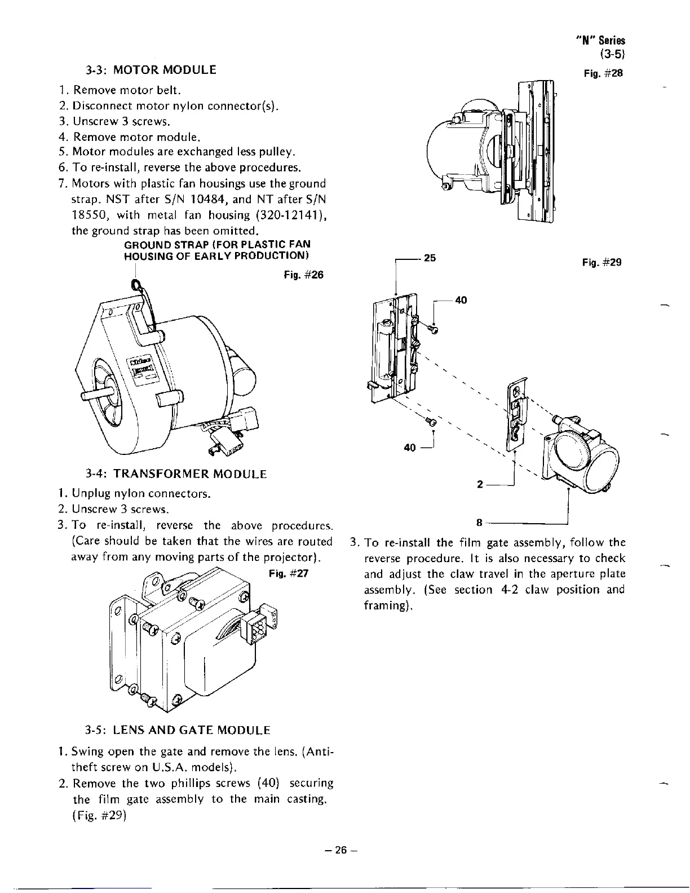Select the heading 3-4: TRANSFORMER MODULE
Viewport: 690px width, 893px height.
pyautogui.click(x=176, y=474)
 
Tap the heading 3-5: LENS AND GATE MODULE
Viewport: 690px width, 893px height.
pyautogui.click(x=178, y=731)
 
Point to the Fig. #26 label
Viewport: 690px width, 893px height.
pyautogui.click(x=304, y=276)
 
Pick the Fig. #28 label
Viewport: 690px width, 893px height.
pyautogui.click(x=603, y=74)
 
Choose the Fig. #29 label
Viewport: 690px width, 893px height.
pyautogui.click(x=602, y=263)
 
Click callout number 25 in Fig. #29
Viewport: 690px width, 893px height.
pyautogui.click(x=430, y=258)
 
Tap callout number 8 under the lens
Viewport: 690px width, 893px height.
pyautogui.click(x=479, y=522)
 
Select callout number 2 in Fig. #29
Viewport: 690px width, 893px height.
pyautogui.click(x=479, y=484)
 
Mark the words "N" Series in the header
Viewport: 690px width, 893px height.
pyautogui.click(x=601, y=41)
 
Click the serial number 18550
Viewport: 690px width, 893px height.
pyautogui.click(x=89, y=215)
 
